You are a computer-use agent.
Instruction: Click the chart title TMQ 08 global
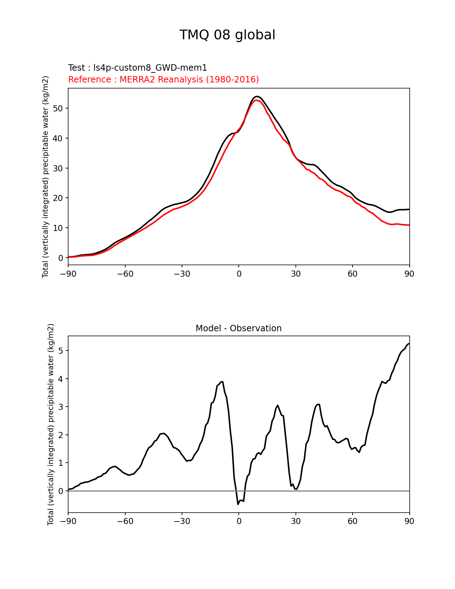(227, 35)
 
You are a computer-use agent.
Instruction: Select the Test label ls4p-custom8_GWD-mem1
(137, 68)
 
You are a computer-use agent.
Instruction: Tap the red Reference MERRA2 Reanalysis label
(163, 80)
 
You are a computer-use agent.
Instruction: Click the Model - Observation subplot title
(238, 328)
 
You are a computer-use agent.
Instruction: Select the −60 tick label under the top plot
(125, 274)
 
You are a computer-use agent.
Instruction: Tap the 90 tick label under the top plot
(409, 274)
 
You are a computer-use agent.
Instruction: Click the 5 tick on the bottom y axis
(61, 351)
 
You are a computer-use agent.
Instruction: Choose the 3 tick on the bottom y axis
(61, 407)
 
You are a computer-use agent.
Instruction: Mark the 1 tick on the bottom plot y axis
(61, 463)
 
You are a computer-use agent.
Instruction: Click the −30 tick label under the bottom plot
(182, 521)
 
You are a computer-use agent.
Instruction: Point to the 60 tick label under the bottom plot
(353, 521)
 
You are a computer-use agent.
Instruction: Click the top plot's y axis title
(45, 177)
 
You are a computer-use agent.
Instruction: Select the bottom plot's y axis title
(51, 424)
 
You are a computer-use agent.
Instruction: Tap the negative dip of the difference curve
(238, 504)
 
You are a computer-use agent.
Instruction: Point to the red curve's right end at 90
(409, 225)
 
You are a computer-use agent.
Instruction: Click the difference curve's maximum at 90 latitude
(409, 344)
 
